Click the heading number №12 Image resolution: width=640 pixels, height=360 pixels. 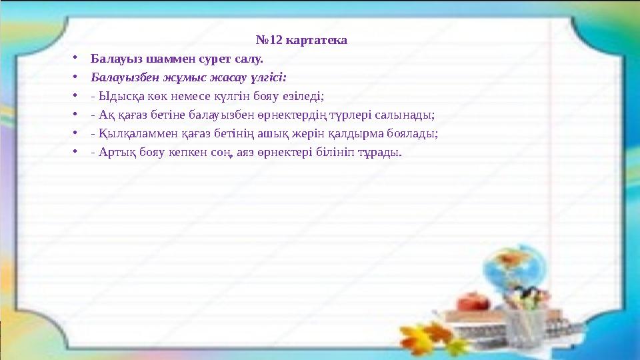point(269,41)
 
